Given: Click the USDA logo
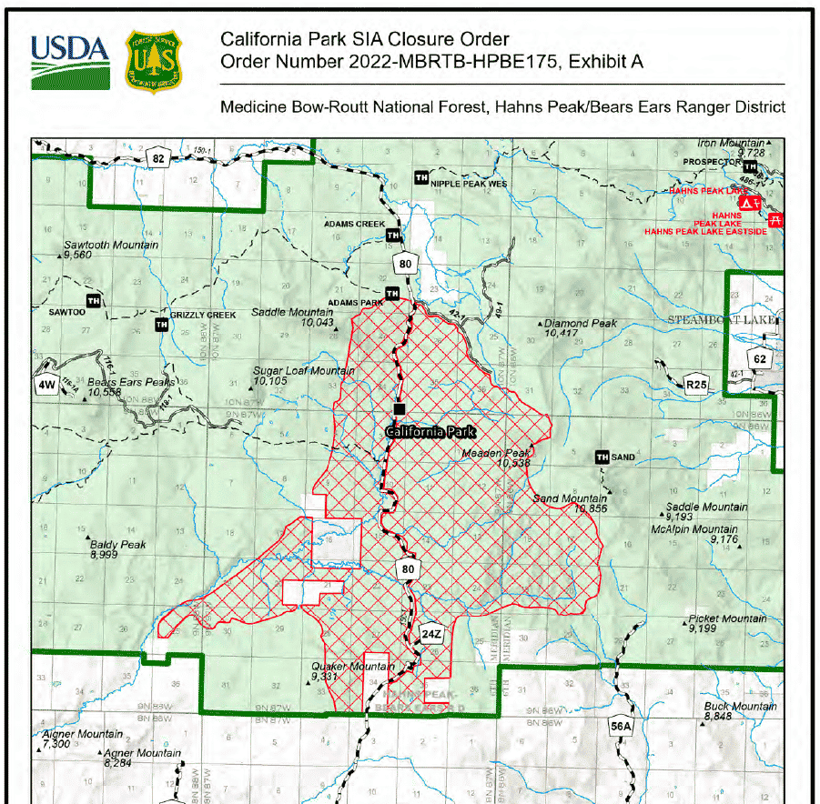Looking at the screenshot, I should click(70, 61).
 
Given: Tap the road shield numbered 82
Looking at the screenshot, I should click(158, 158).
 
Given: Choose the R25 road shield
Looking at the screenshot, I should click(696, 386).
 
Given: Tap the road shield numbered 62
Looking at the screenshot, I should click(760, 358).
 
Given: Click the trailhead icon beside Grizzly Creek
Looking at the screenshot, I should click(162, 324).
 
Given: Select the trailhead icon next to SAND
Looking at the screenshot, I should click(601, 457).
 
